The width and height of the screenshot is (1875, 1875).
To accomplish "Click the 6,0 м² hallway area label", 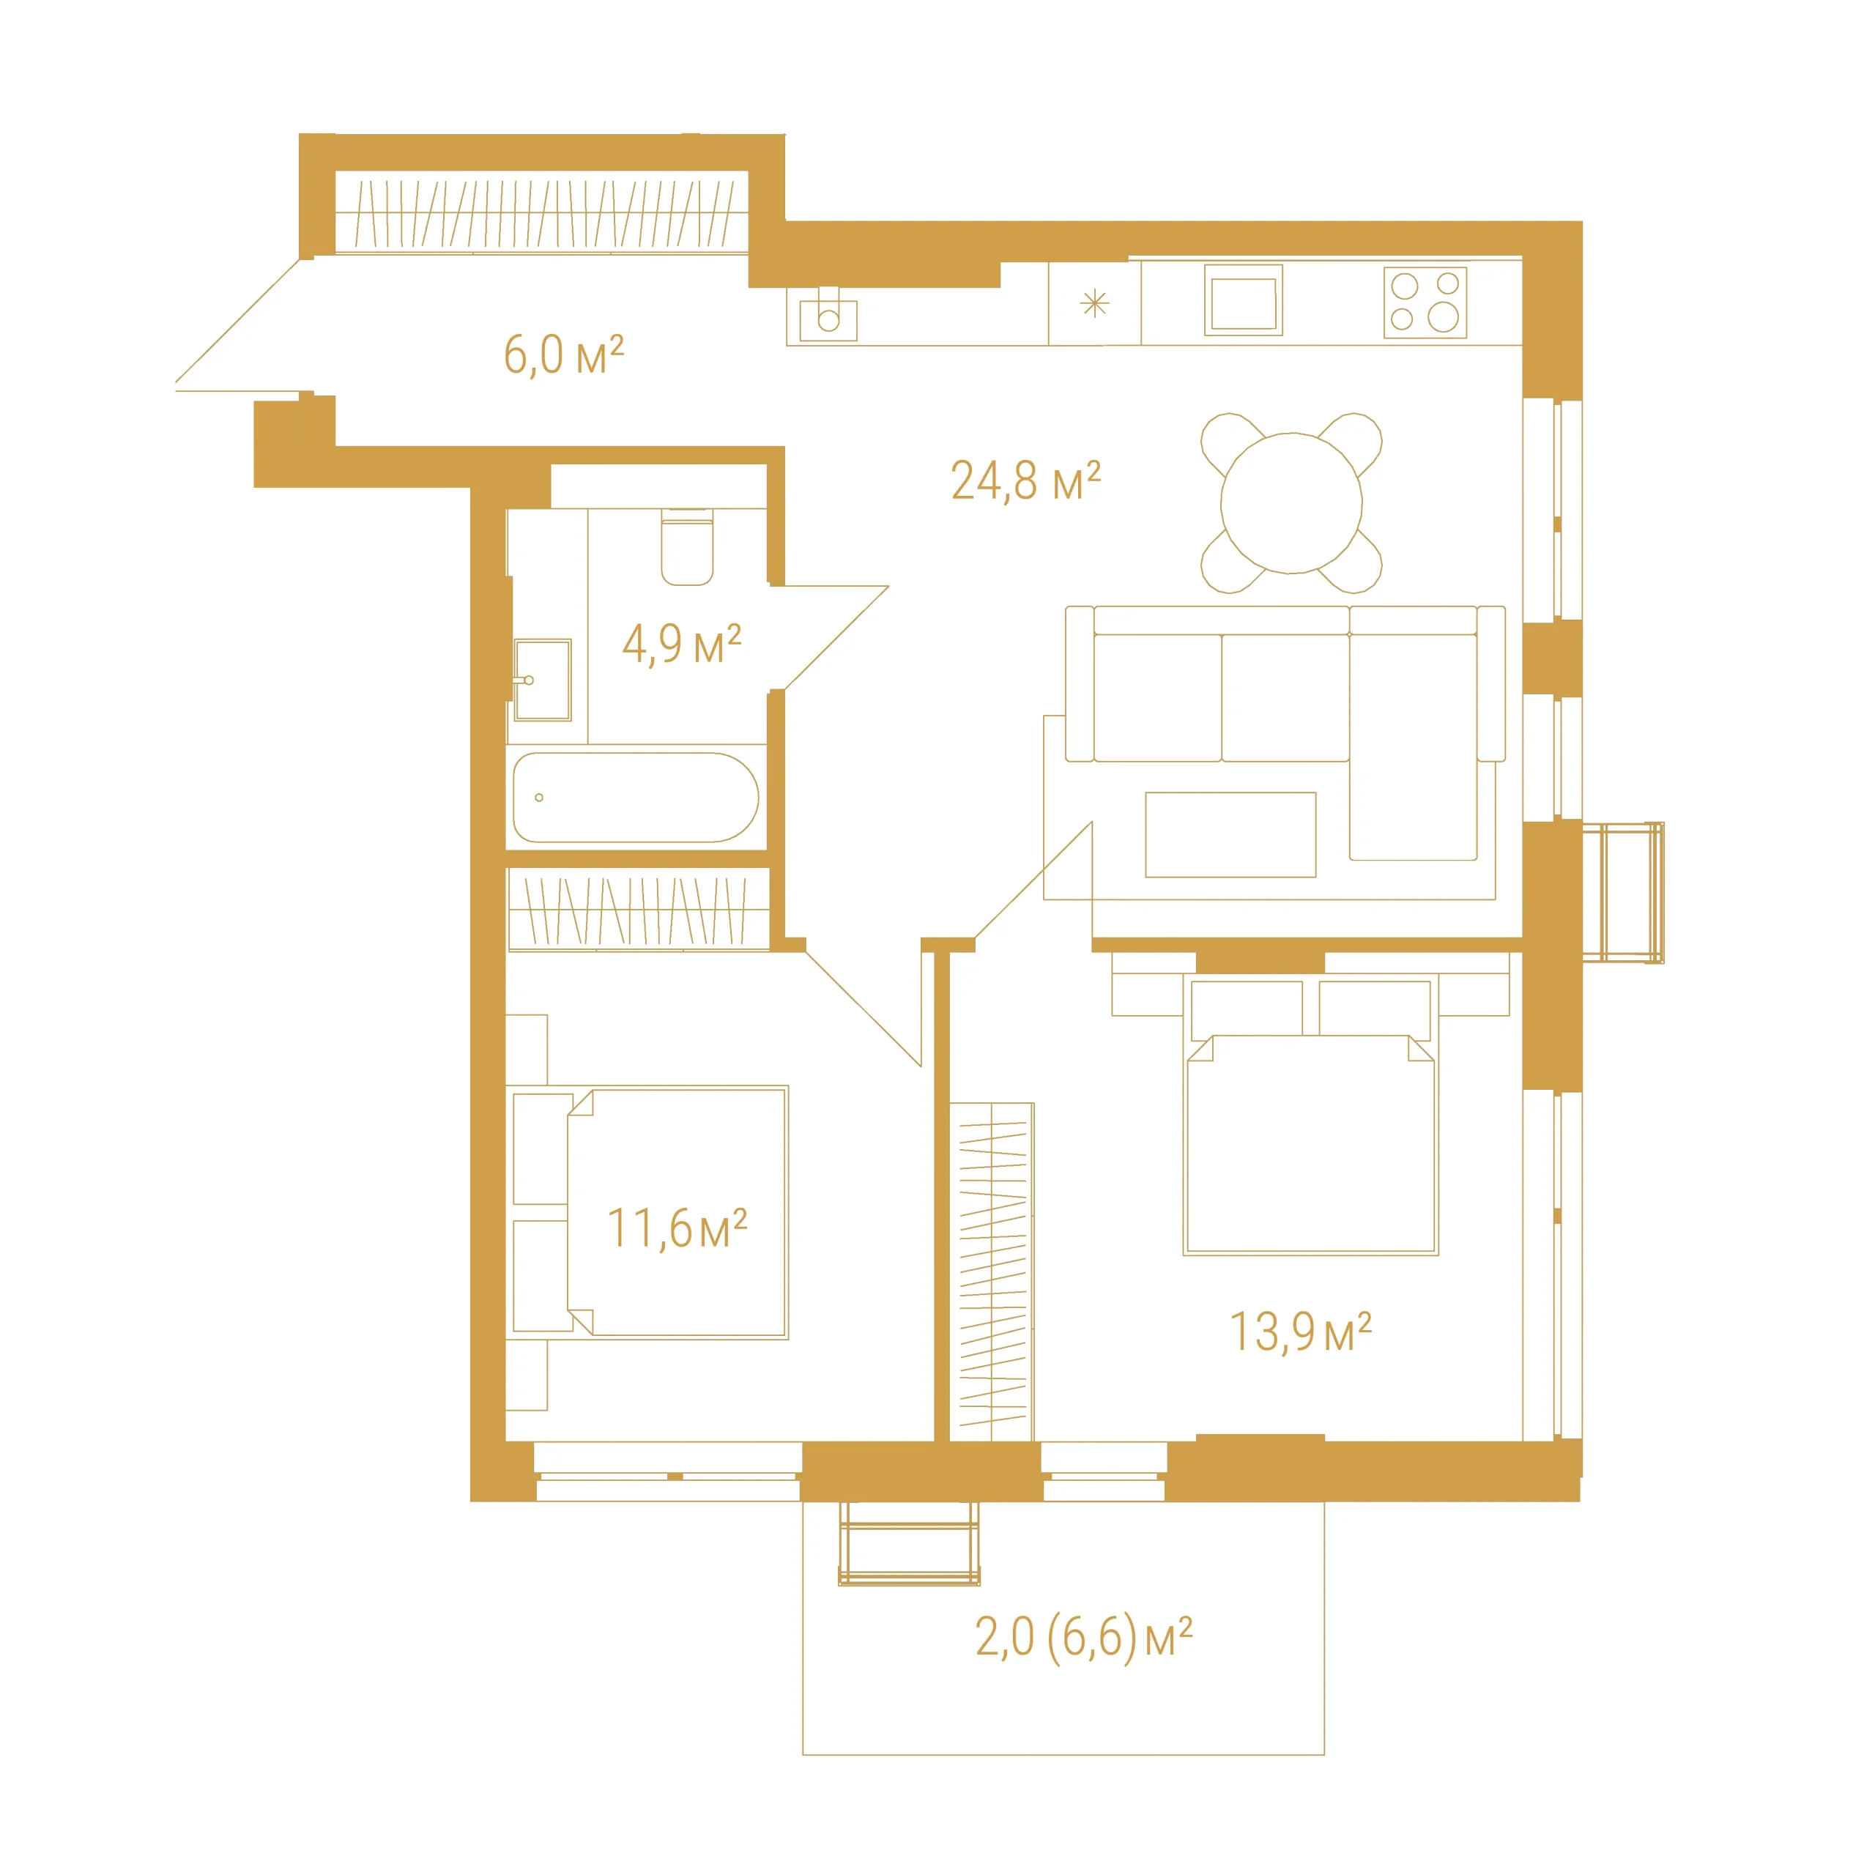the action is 563,354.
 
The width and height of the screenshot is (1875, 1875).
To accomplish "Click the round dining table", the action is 1291,502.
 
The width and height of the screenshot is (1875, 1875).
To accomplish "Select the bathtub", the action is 636,797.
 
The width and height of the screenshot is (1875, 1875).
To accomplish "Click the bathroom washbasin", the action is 543,680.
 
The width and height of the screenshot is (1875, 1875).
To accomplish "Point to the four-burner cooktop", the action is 1425,302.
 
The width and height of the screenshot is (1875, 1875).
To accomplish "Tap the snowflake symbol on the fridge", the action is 1094,304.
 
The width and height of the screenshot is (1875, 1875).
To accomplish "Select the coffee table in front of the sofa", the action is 1230,835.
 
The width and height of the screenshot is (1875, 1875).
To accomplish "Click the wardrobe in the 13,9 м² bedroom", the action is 992,1271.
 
